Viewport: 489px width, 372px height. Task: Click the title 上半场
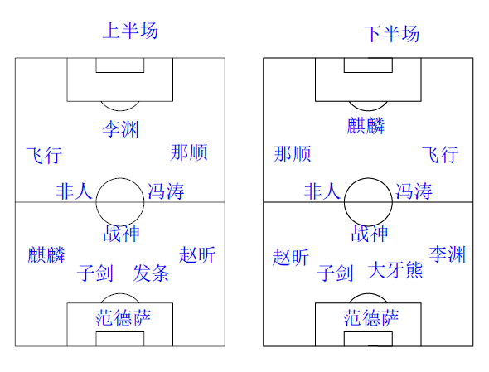pyautogui.click(x=130, y=31)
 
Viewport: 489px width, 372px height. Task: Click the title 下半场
pyautogui.click(x=392, y=34)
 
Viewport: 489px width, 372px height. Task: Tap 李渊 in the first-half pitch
pyautogui.click(x=120, y=129)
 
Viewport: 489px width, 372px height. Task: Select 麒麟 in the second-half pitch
pyautogui.click(x=366, y=126)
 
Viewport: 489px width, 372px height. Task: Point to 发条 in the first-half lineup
pyautogui.click(x=151, y=273)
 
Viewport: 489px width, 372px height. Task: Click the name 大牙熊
pyautogui.click(x=395, y=270)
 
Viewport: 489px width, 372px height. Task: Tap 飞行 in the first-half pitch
pyautogui.click(x=44, y=155)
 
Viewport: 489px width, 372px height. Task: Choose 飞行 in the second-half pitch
pyautogui.click(x=440, y=154)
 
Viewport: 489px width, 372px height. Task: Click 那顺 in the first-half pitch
pyautogui.click(x=189, y=152)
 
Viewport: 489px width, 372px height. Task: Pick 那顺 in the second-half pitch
pyautogui.click(x=293, y=154)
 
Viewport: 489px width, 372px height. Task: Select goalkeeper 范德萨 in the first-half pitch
pyautogui.click(x=123, y=318)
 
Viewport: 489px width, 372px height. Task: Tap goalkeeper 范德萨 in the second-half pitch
pyautogui.click(x=371, y=318)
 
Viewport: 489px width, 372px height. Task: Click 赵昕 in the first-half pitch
pyautogui.click(x=197, y=254)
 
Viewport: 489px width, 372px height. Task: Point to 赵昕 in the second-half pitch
pyautogui.click(x=291, y=257)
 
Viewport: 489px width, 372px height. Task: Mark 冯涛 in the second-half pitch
pyautogui.click(x=414, y=191)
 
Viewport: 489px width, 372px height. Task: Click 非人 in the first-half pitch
pyautogui.click(x=75, y=191)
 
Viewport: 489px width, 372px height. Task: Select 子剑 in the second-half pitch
pyautogui.click(x=335, y=273)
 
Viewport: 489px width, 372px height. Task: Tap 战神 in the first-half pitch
pyautogui.click(x=121, y=234)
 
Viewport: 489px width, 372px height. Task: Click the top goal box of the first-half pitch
pyautogui.click(x=120, y=72)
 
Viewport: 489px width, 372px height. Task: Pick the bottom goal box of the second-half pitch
pyautogui.click(x=368, y=331)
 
